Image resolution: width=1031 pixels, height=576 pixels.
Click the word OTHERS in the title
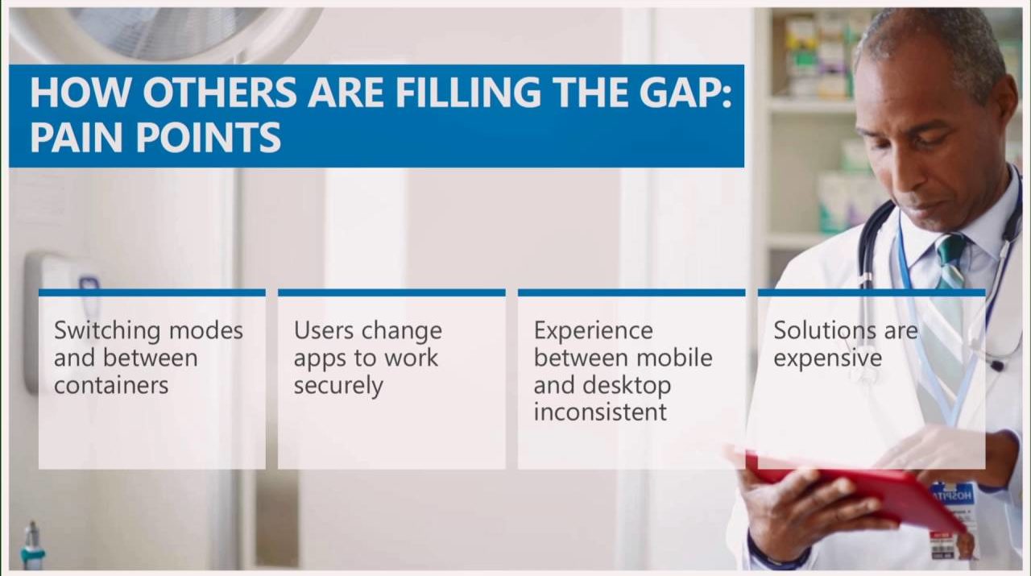(x=220, y=92)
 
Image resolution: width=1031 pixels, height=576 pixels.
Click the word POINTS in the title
(x=208, y=137)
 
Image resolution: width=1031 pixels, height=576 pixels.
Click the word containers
(x=111, y=385)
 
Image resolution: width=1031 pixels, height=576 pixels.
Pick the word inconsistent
(x=600, y=412)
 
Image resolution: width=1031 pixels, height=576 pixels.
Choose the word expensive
(x=827, y=359)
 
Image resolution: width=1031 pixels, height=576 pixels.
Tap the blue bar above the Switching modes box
(x=152, y=293)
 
